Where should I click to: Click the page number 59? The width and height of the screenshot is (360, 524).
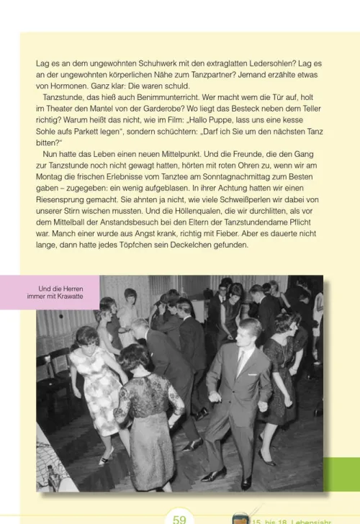179,518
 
